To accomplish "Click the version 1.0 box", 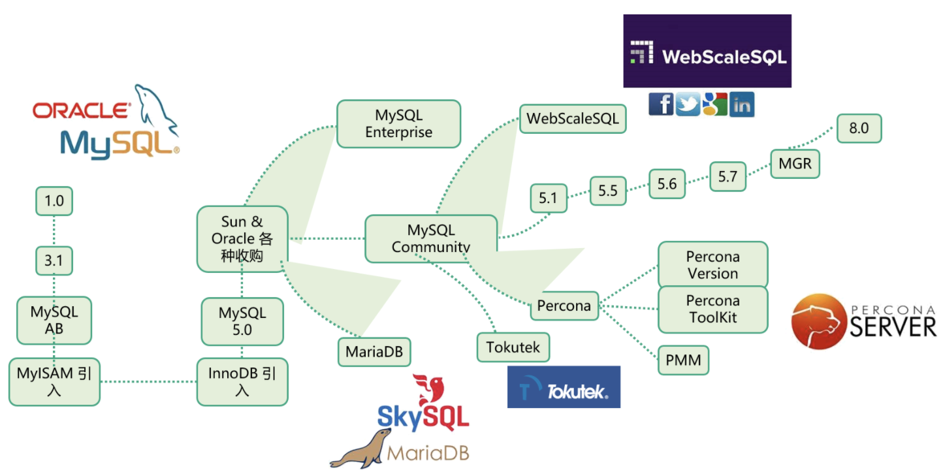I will click(54, 201).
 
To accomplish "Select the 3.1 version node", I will click(54, 261).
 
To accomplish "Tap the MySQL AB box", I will click(54, 321).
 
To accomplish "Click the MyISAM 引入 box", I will click(54, 382).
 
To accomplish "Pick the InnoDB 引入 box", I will click(242, 382).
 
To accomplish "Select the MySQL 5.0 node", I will click(242, 321).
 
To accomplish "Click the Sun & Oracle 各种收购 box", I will click(242, 239).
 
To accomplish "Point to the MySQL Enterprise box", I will click(398, 124).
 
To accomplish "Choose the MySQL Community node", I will click(431, 238).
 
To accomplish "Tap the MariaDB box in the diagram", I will click(374, 353).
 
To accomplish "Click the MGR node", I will click(795, 163).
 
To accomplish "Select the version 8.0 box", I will click(859, 129).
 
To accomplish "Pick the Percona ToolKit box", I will click(712, 309).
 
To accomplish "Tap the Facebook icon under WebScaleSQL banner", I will click(661, 104).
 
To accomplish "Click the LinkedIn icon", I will click(742, 104).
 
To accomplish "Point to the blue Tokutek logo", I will click(564, 387).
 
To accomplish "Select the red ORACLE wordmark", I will click(81, 110).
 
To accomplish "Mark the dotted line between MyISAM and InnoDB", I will click(148, 382).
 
